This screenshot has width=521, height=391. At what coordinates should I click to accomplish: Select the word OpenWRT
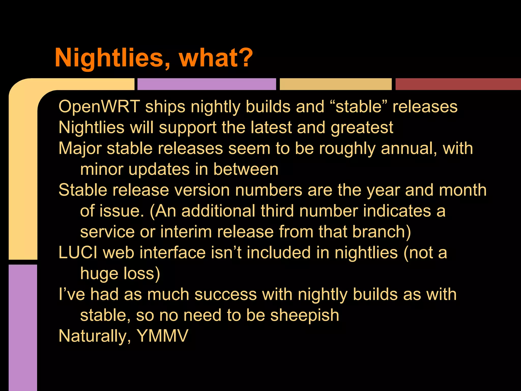[99, 106]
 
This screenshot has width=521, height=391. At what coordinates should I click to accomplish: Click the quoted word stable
[359, 106]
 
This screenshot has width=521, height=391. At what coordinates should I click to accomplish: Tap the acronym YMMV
[162, 336]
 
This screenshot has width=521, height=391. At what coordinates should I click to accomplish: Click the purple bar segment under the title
[207, 84]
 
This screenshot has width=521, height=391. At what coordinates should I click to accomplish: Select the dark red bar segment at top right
[458, 84]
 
